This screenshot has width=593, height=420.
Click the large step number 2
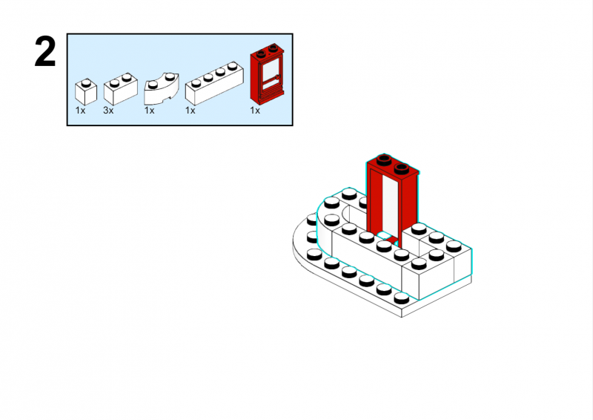[x=45, y=53]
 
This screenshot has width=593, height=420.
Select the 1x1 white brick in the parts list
[x=86, y=92]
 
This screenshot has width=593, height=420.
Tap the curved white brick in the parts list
[x=162, y=89]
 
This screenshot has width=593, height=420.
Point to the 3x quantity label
[x=108, y=111]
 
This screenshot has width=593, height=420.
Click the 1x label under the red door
[x=255, y=111]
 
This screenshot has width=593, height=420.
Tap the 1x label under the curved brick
[x=149, y=111]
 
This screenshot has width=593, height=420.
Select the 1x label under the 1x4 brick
[x=191, y=111]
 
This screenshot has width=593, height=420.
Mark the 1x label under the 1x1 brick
[x=80, y=111]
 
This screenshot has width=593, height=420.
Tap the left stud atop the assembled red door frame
[x=383, y=159]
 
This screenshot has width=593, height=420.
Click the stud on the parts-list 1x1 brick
[x=87, y=80]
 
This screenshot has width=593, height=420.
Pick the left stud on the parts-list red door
[x=262, y=53]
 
